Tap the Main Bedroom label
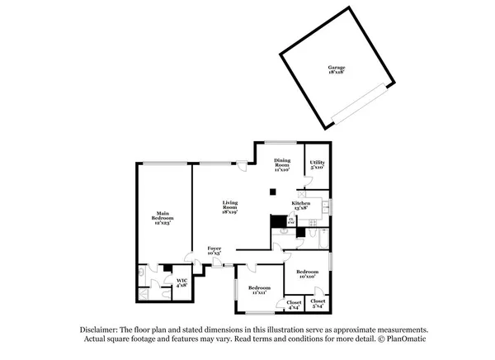[x=163, y=219]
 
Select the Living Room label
[x=230, y=207]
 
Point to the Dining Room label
[x=282, y=163]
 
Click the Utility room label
[x=317, y=164]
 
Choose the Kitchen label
[x=300, y=206]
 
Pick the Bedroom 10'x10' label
[x=308, y=274]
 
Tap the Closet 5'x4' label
[x=318, y=303]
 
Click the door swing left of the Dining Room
[x=242, y=164]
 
